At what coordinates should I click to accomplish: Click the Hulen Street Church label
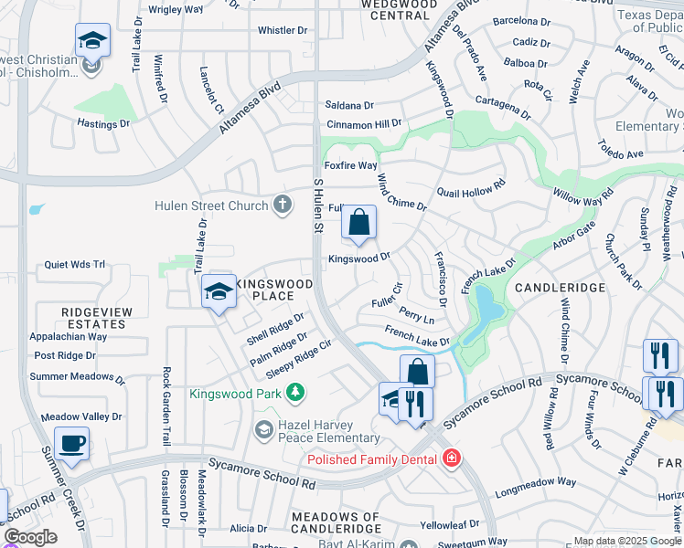(x=210, y=206)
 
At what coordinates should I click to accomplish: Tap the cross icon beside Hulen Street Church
(x=283, y=205)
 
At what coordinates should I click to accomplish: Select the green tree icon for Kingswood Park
(x=294, y=394)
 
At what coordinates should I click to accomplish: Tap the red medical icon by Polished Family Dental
(x=450, y=458)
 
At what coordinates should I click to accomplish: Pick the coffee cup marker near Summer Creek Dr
(x=72, y=444)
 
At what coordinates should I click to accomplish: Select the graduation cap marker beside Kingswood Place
(x=219, y=291)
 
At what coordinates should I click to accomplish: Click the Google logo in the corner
(x=31, y=537)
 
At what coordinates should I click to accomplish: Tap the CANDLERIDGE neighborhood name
(x=560, y=288)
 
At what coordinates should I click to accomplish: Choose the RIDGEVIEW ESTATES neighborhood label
(x=96, y=318)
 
